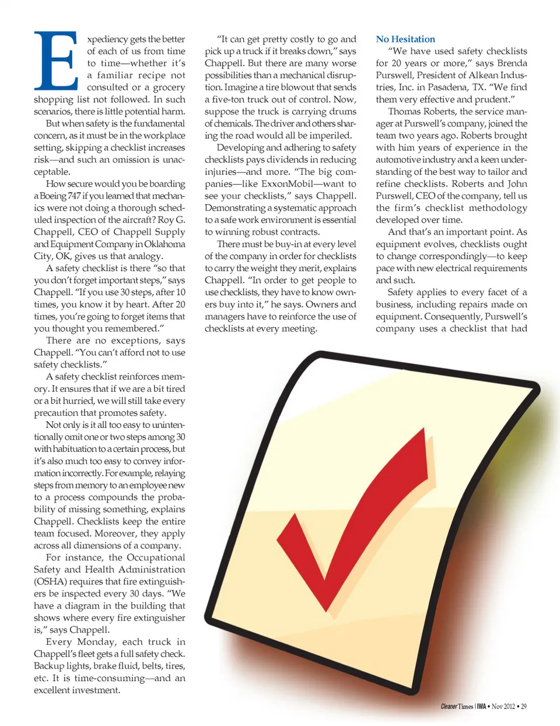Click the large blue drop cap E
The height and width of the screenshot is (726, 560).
(56, 60)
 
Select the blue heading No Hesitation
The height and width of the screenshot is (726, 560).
(405, 39)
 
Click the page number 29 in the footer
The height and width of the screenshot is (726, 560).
(524, 706)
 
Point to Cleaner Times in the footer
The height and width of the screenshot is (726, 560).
(457, 706)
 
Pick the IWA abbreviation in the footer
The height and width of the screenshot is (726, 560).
(481, 706)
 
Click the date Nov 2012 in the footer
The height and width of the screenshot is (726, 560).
(503, 706)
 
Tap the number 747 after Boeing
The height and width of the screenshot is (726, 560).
(74, 196)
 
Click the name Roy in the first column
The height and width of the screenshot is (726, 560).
(166, 220)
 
